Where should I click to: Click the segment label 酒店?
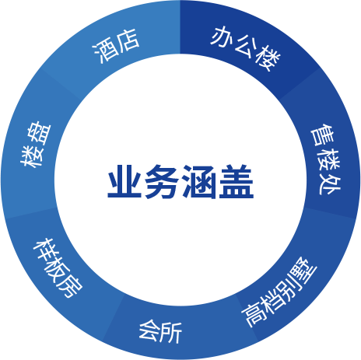pyautogui.click(x=116, y=46)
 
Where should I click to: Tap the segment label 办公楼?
pyautogui.click(x=246, y=48)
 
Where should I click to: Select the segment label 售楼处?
pyautogui.click(x=326, y=159)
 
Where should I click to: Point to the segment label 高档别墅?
pyautogui.click(x=279, y=292)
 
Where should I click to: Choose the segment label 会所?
pyautogui.click(x=160, y=332)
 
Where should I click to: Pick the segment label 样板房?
pyautogui.click(x=58, y=267)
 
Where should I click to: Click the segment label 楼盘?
pyautogui.click(x=36, y=144)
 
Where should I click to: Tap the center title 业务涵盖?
pyautogui.click(x=180, y=182)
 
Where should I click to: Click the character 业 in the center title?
pyautogui.click(x=124, y=182)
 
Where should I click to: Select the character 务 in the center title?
pyautogui.click(x=162, y=182)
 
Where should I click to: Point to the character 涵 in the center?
pyautogui.click(x=199, y=182)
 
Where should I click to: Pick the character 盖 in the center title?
pyautogui.click(x=237, y=182)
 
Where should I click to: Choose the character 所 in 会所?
pyautogui.click(x=171, y=333)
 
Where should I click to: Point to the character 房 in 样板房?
pyautogui.click(x=70, y=285)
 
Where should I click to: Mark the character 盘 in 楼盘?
pyautogui.click(x=40, y=132)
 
